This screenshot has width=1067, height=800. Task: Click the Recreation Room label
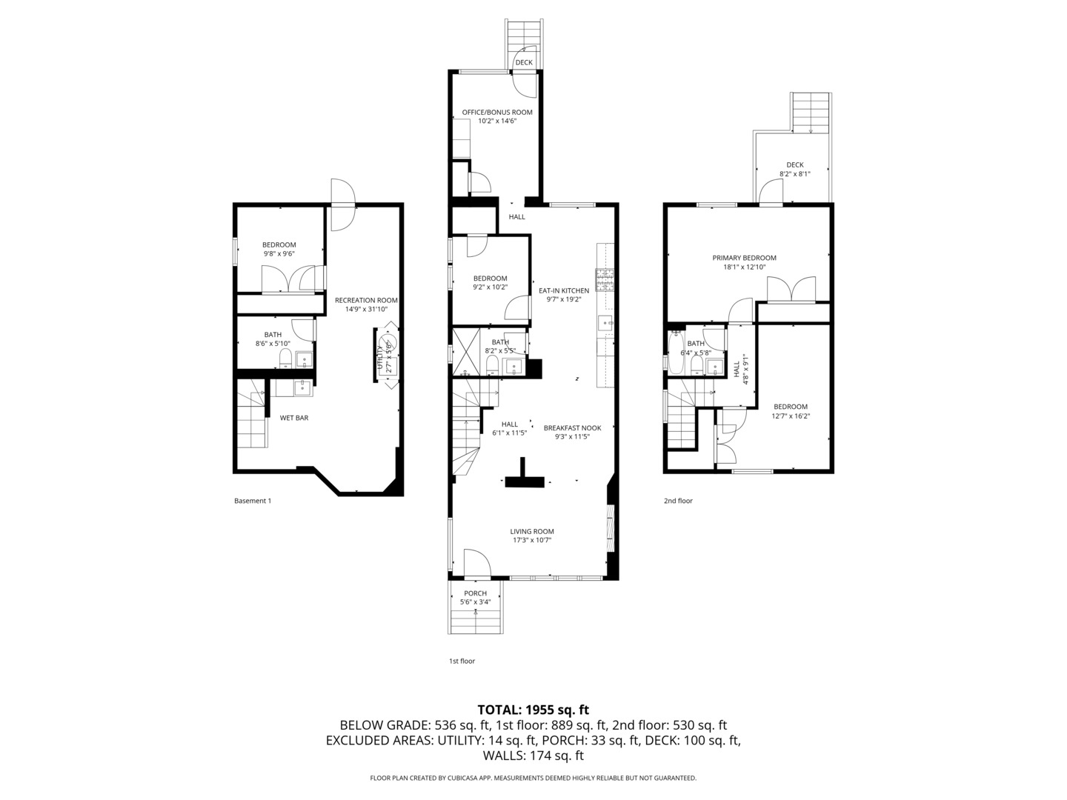[x=366, y=300]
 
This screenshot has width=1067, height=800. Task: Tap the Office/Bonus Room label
[x=497, y=113]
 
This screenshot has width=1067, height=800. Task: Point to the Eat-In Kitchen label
[x=563, y=290]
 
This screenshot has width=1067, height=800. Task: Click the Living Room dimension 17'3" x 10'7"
[x=531, y=541]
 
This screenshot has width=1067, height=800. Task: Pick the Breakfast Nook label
[x=572, y=427]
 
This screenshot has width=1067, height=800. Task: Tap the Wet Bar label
[x=294, y=418]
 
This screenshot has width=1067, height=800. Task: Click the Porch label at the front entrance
[x=475, y=593]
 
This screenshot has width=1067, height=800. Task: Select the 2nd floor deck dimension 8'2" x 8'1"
[x=794, y=174]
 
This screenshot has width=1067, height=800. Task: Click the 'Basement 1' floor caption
[x=253, y=501]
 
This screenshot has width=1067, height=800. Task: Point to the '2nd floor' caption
[x=678, y=501]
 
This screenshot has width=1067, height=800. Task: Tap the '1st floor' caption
[x=462, y=661]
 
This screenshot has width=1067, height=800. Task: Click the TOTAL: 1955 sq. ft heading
[x=533, y=710]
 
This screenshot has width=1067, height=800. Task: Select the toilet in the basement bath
[x=285, y=359]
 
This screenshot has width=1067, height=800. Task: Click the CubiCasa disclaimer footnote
[x=533, y=778]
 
